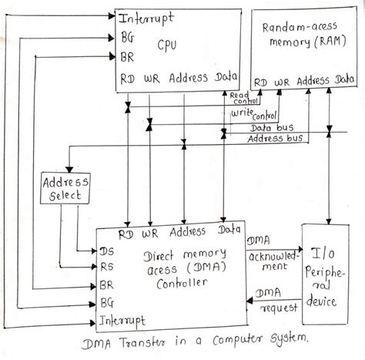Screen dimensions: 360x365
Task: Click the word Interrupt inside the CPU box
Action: pyautogui.click(x=146, y=16)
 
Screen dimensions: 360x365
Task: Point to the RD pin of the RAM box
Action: pyautogui.click(x=262, y=81)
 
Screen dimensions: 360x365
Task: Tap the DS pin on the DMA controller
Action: pyautogui.click(x=106, y=251)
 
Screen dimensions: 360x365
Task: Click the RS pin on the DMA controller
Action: pyautogui.click(x=106, y=267)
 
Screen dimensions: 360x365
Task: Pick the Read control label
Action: pyautogui.click(x=245, y=97)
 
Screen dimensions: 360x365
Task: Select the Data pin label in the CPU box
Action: pyautogui.click(x=226, y=79)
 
